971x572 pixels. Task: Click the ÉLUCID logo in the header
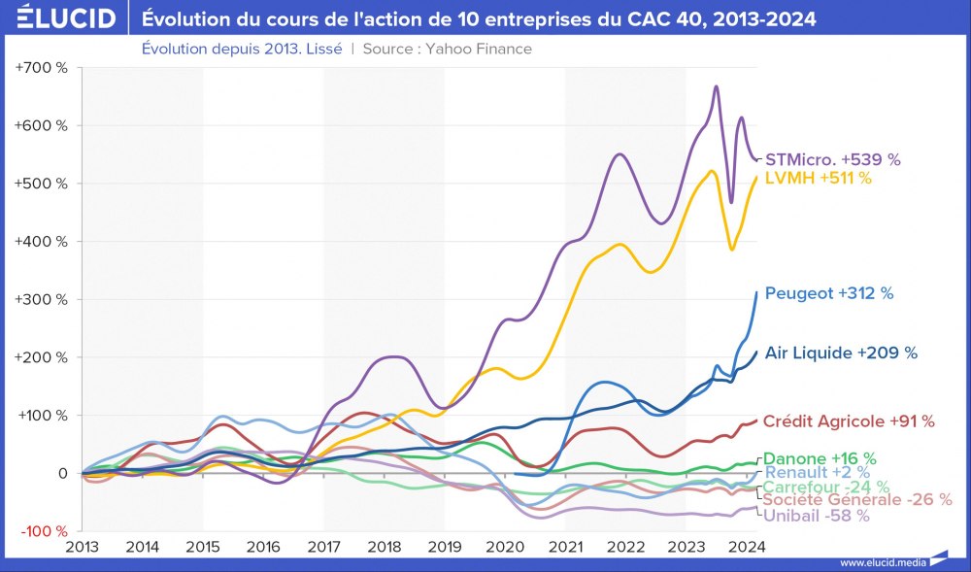pos(59,17)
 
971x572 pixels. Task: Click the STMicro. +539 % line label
pos(840,158)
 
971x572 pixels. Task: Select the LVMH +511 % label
pos(819,178)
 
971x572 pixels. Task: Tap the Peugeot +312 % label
pos(829,292)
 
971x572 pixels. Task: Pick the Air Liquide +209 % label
pos(841,353)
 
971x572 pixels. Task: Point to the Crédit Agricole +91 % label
pos(849,421)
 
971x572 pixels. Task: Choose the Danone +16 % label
pos(820,458)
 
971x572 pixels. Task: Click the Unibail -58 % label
pos(817,516)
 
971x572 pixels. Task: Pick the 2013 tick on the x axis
pos(83,547)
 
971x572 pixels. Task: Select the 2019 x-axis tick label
pos(445,547)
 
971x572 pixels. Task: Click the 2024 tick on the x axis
pos(747,547)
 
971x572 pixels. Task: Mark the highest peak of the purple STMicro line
pos(716,86)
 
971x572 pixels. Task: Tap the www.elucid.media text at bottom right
pos(882,561)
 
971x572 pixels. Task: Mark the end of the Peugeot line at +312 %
pos(756,292)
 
